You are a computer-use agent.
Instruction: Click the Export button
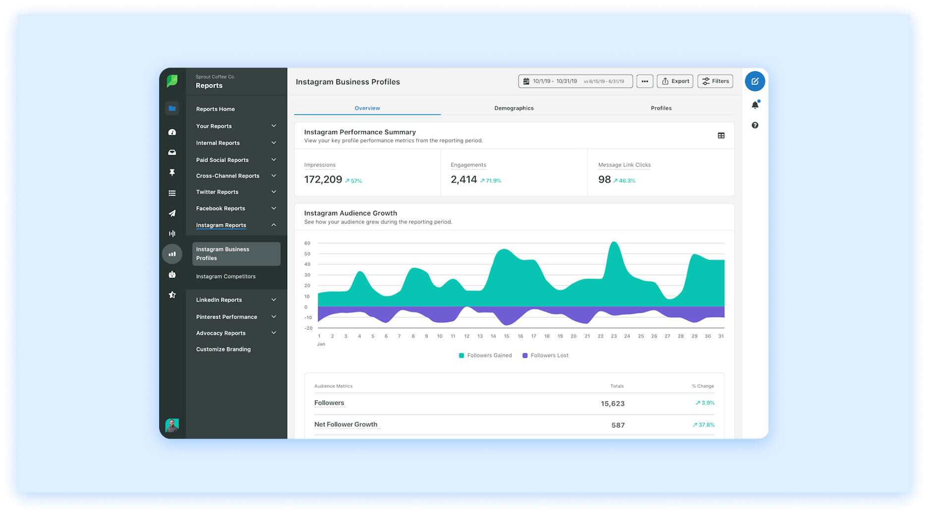coord(675,81)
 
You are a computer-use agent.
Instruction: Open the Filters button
coord(715,81)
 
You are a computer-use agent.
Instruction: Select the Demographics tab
coord(514,108)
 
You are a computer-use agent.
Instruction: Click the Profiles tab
coord(661,108)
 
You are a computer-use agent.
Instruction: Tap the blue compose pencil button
coord(754,81)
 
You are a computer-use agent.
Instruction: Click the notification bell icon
coord(754,105)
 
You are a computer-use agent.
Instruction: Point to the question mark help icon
coord(754,125)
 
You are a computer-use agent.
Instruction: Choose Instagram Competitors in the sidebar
coord(226,276)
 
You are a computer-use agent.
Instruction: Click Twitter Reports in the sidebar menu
coord(217,192)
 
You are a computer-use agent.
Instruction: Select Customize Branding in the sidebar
coord(223,349)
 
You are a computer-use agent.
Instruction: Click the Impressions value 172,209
coord(323,180)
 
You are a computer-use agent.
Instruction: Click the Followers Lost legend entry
coord(545,356)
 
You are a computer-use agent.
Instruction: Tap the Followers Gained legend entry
coord(485,356)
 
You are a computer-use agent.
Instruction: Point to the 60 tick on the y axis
coord(307,243)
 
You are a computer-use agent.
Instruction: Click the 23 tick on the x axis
coord(614,336)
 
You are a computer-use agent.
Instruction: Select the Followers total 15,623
coord(612,404)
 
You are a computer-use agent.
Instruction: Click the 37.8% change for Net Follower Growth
coord(704,425)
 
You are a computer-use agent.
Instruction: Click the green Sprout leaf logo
coord(172,81)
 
